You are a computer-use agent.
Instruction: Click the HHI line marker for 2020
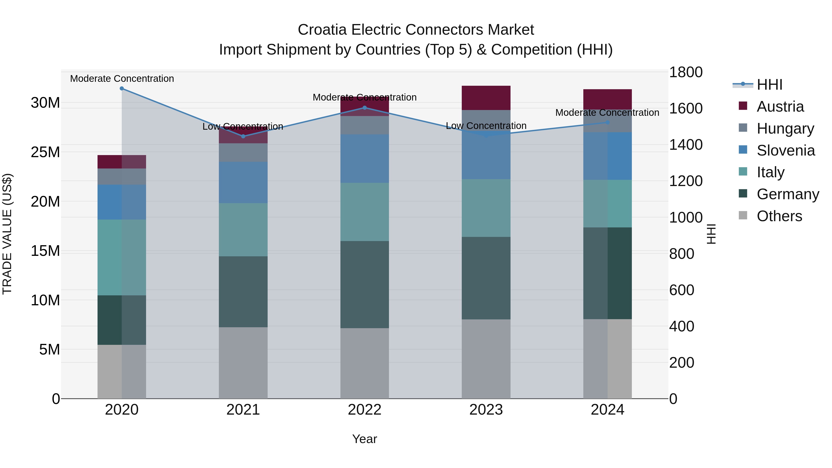point(122,89)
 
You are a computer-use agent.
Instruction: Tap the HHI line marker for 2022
point(365,107)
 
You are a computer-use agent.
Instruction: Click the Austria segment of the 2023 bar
point(486,98)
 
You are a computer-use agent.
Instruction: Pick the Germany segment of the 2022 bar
point(365,284)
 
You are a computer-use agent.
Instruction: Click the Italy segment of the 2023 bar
point(486,208)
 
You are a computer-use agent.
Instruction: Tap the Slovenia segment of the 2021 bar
point(243,183)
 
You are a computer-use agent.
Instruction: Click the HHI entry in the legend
point(769,85)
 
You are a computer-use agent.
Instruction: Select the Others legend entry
point(779,216)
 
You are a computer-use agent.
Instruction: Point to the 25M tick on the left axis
point(45,152)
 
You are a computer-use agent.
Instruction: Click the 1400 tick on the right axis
point(685,145)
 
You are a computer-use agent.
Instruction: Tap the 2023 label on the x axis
point(486,410)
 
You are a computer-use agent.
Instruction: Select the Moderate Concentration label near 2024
point(607,113)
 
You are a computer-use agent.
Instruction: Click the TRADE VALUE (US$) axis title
point(7,234)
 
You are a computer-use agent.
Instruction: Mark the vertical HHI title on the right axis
point(711,234)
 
